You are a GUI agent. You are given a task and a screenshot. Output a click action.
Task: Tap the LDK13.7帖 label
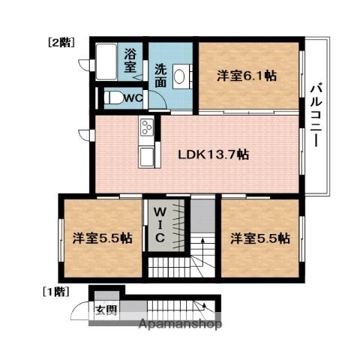coord(213,155)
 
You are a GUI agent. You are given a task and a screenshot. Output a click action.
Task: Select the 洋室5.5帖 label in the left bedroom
coord(102,238)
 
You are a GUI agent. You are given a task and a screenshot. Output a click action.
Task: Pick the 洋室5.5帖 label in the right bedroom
coord(259,238)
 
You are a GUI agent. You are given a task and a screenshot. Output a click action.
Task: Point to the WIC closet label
coord(160,223)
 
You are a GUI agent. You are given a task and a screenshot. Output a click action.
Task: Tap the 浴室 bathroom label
coord(130,61)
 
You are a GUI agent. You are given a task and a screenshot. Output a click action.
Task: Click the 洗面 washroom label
coord(160,76)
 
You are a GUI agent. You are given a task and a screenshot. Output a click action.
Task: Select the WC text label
coord(132,97)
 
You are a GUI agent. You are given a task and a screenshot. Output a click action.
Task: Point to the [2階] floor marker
coord(61,43)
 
